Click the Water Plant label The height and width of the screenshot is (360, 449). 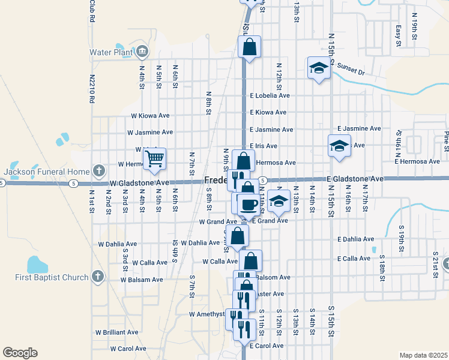[x=110, y=52]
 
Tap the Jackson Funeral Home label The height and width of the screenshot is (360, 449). [x=47, y=172]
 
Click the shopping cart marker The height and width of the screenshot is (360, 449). [x=154, y=159]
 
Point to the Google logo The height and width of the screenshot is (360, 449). [x=20, y=353]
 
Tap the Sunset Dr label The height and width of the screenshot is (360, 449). [x=351, y=68]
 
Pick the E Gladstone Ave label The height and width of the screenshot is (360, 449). [x=355, y=179]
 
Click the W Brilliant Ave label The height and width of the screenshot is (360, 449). [x=116, y=332]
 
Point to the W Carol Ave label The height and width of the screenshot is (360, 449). [x=128, y=349]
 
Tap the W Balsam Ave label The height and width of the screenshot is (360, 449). [x=141, y=280]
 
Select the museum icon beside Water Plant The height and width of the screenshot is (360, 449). [x=142, y=50]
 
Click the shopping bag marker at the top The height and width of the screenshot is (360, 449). [x=249, y=46]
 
